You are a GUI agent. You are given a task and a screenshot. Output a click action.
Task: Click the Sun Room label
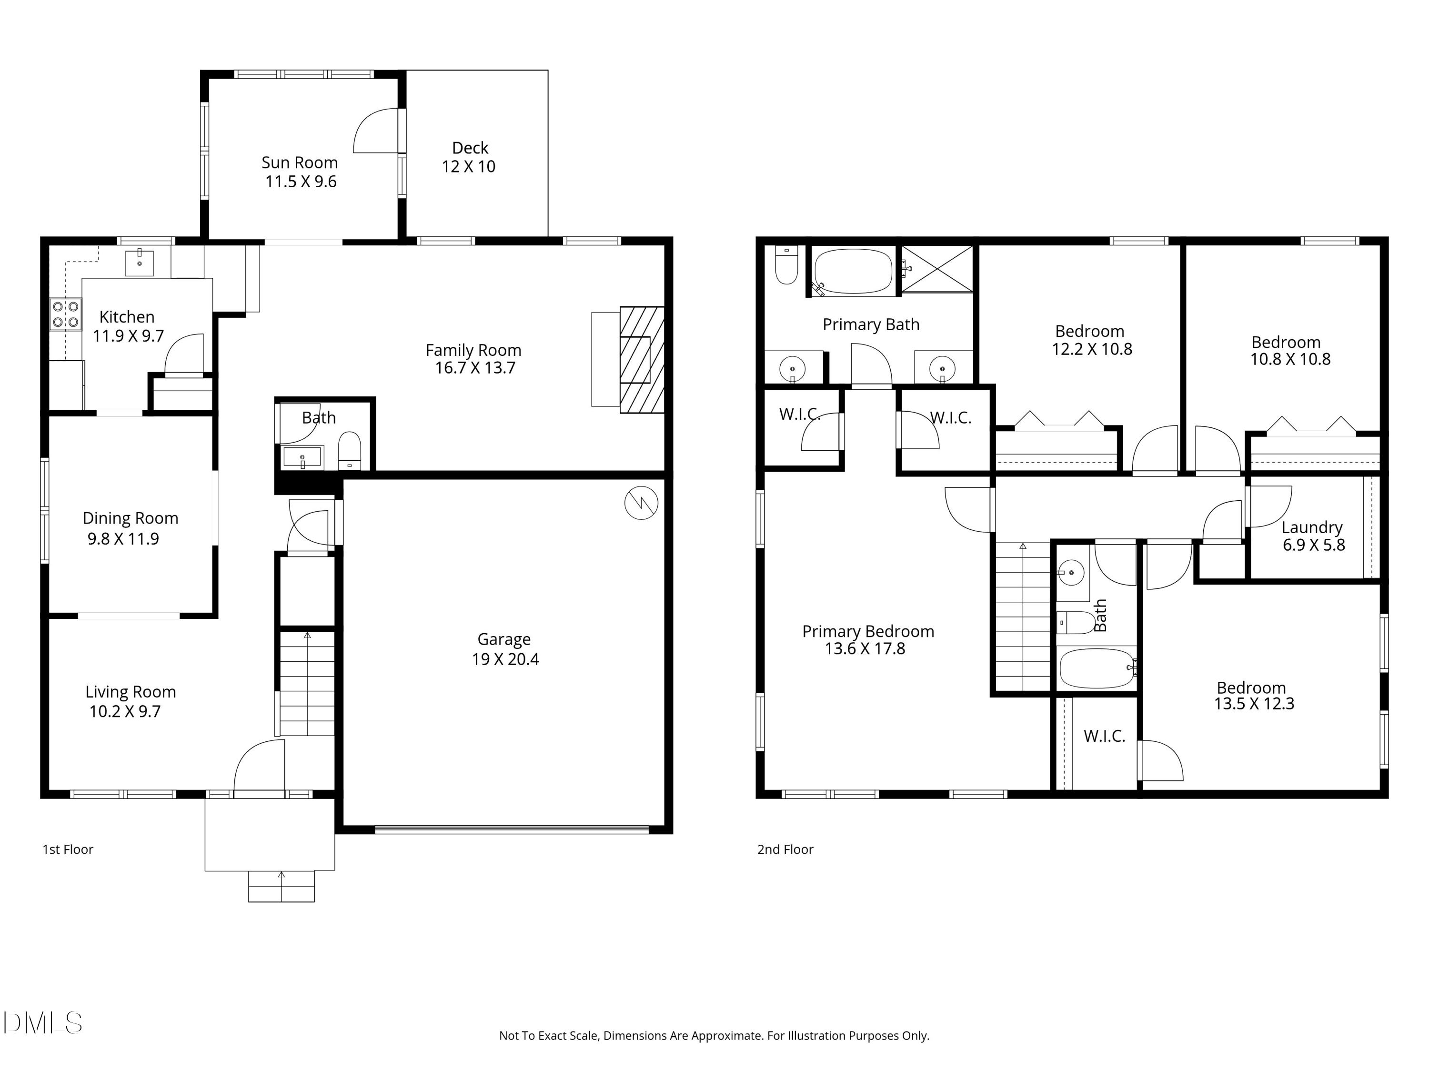299,163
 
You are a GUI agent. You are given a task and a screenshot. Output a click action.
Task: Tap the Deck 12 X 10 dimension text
468,167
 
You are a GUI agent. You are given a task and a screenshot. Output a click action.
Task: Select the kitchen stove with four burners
66,314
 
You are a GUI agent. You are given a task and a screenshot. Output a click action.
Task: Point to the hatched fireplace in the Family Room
642,360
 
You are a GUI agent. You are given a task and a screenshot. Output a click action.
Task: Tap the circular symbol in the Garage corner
641,502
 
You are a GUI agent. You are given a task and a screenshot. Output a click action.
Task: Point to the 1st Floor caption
68,850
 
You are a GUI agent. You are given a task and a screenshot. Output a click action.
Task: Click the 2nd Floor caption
785,850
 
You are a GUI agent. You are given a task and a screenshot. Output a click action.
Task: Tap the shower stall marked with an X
937,269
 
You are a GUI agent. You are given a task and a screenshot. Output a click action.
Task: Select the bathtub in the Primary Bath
854,272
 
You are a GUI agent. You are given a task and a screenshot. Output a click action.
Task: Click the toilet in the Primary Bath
786,266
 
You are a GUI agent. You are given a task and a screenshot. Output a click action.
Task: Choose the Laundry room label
1311,527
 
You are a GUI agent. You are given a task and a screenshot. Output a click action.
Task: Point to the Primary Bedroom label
867,631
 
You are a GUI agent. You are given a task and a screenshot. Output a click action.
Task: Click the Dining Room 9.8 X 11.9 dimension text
123,539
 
